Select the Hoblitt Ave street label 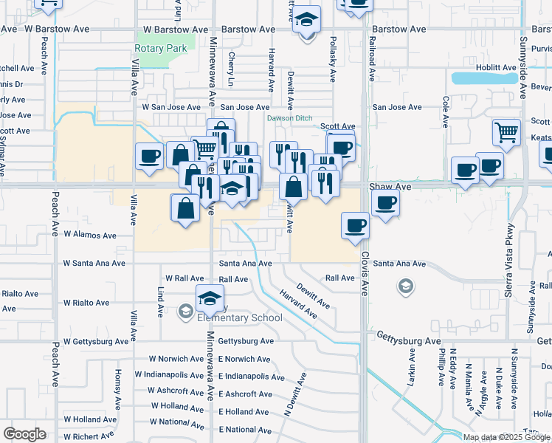496,67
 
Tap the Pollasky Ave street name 334,58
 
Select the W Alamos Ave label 90,236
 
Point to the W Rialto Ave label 86,303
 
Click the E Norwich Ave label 245,359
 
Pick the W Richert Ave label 86,436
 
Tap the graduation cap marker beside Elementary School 210,298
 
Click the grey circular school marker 405,286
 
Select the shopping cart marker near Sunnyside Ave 507,133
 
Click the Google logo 25,434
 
